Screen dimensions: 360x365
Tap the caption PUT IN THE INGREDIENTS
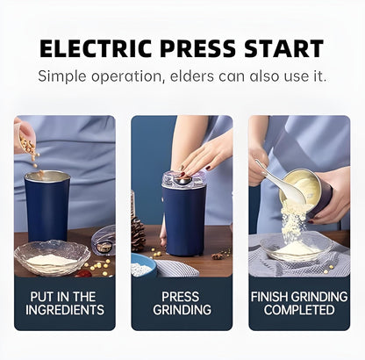pyautogui.click(x=64, y=303)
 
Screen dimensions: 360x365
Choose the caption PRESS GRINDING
pyautogui.click(x=182, y=303)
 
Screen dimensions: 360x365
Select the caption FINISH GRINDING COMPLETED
pyautogui.click(x=299, y=303)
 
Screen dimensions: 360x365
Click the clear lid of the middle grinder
pyautogui.click(x=182, y=179)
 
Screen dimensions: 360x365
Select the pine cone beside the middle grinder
pyautogui.click(x=139, y=234)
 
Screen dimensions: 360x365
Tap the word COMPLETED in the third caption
pyautogui.click(x=299, y=310)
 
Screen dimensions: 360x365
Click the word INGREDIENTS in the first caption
pyautogui.click(x=64, y=310)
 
